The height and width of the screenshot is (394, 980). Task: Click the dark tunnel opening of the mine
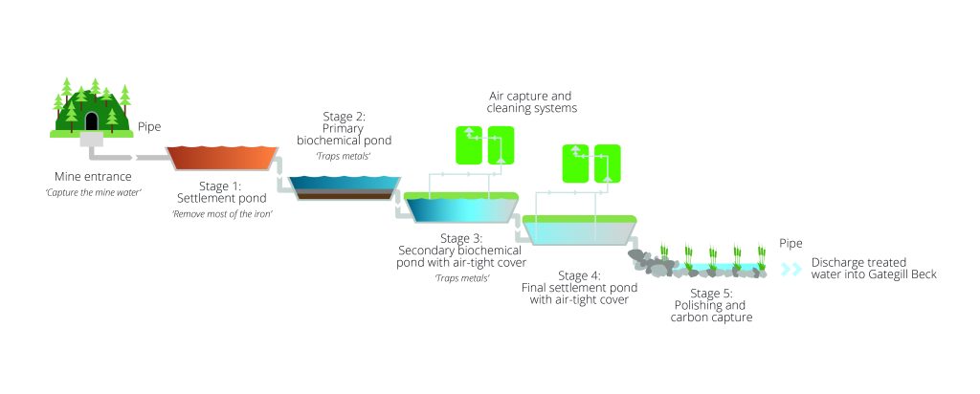pos(92,121)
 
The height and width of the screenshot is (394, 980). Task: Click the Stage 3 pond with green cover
pos(460,209)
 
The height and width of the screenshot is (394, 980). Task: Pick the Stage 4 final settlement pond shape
pos(580,232)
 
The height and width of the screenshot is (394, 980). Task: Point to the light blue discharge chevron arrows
pos(791,270)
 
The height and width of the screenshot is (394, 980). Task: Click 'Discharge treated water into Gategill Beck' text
pos(873,269)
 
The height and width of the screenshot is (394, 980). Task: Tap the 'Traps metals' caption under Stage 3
pos(461,277)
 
